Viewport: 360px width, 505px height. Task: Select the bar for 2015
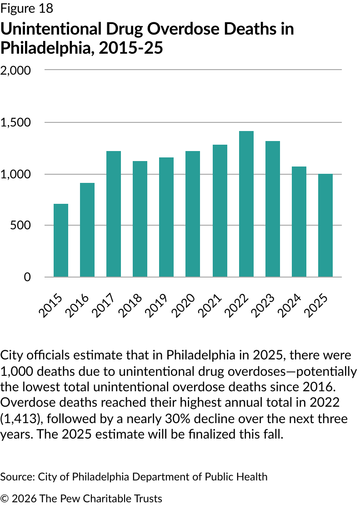[61, 240]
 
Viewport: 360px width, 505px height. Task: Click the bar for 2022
[246, 204]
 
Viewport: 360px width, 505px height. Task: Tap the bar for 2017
[114, 214]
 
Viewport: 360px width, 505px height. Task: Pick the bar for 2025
[325, 225]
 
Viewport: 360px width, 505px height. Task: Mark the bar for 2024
[299, 222]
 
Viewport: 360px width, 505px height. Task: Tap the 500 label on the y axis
[21, 226]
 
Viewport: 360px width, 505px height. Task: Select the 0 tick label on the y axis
[27, 277]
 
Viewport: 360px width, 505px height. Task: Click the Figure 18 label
[27, 8]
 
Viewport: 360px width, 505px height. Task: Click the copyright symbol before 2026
[5, 499]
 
